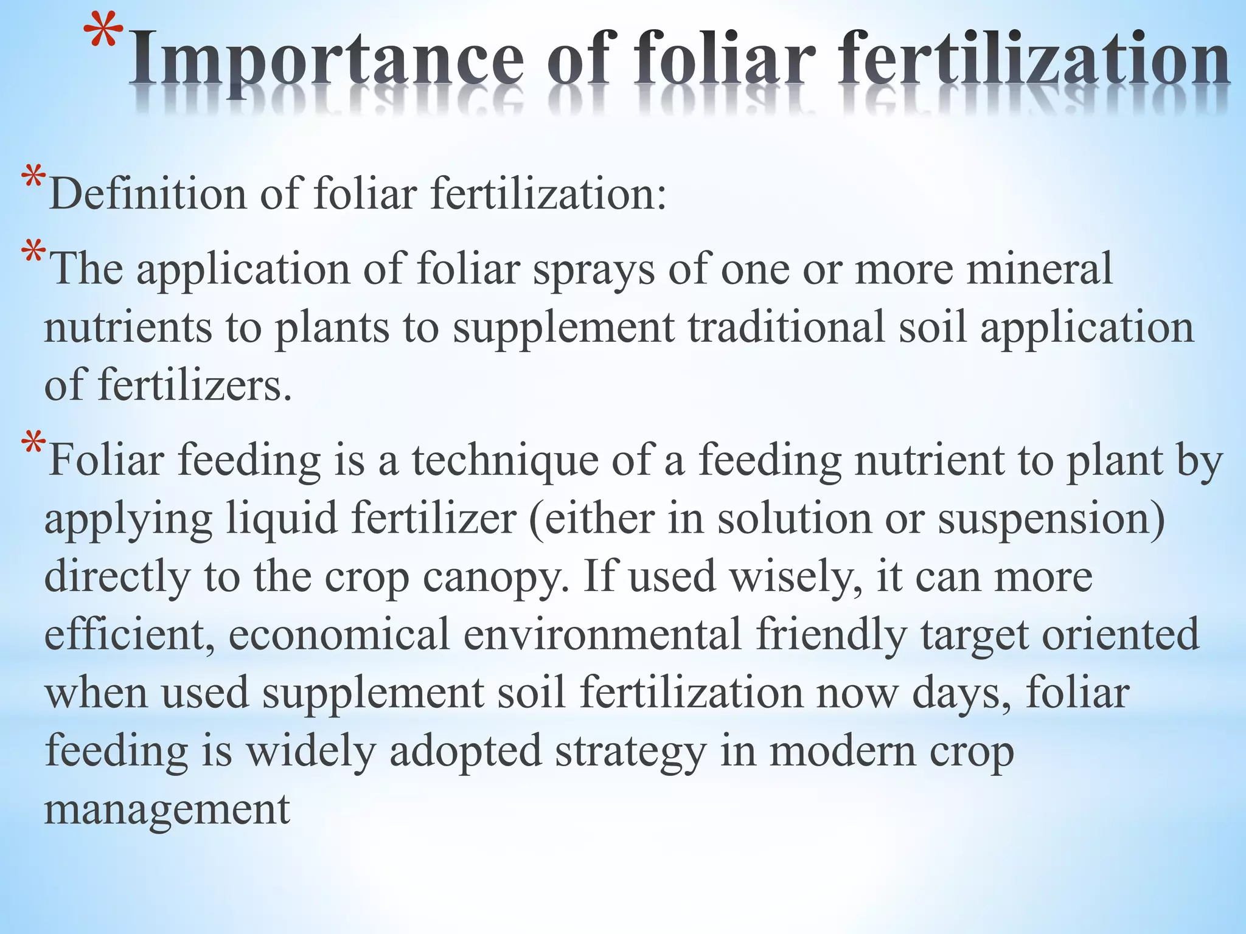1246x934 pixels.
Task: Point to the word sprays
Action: tap(593, 268)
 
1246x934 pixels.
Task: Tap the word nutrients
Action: tap(128, 327)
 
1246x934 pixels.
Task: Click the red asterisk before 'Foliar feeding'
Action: tap(33, 443)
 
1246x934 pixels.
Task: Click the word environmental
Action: tap(602, 634)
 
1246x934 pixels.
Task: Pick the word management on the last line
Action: tap(167, 809)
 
